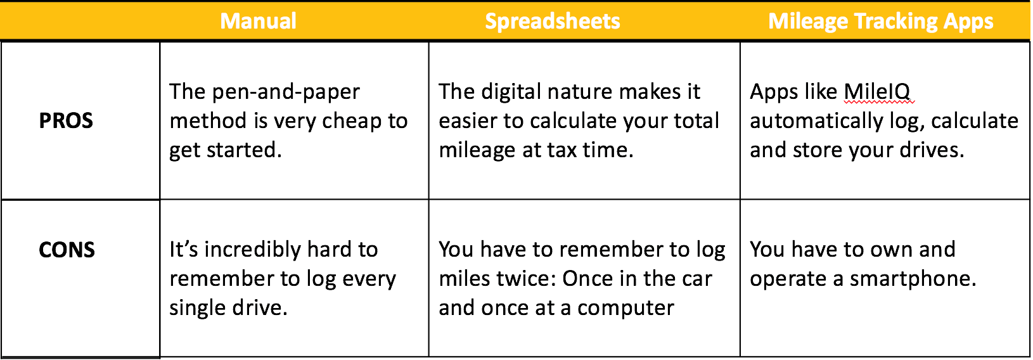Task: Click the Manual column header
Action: pyautogui.click(x=259, y=21)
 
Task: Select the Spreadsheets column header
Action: pyautogui.click(x=553, y=22)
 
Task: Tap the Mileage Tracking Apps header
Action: pyautogui.click(x=881, y=22)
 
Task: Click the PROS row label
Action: pyautogui.click(x=66, y=121)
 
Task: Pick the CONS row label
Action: pyautogui.click(x=67, y=250)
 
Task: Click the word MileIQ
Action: pyautogui.click(x=877, y=92)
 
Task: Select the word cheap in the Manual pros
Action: pyautogui.click(x=351, y=122)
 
